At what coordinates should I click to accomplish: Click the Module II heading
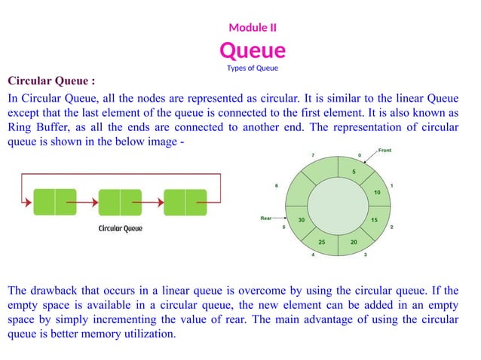point(253,28)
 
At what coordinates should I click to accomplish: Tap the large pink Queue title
point(253,50)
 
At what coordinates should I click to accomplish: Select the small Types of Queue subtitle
point(253,69)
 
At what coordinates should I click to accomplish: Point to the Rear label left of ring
point(265,218)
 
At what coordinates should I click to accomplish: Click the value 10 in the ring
point(377,193)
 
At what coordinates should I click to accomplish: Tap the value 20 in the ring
point(354,242)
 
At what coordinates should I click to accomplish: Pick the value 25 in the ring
point(322,242)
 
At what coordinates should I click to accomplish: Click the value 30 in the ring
point(302,220)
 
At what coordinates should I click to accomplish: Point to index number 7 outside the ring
point(313,155)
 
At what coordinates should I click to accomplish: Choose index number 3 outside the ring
point(366,255)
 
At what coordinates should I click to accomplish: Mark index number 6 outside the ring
point(277,185)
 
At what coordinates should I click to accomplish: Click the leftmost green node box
point(55,203)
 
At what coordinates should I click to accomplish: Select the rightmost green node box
point(185,203)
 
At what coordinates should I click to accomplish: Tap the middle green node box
point(120,203)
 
